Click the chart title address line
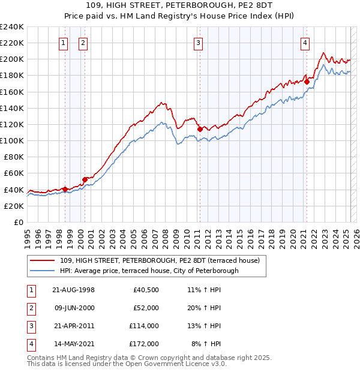(179, 6)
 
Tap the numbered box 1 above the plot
(64, 43)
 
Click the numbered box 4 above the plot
(305, 43)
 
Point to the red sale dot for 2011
(199, 129)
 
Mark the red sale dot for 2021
(307, 82)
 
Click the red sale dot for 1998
(65, 189)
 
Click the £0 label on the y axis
(18, 222)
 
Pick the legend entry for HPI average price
(149, 271)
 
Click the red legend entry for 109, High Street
(159, 260)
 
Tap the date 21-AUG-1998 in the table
(74, 290)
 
